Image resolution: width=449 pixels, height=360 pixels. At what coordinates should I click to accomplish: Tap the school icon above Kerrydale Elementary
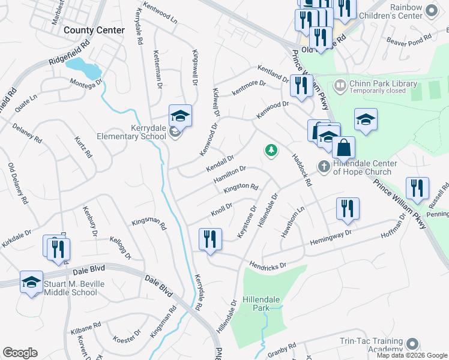[x=180, y=115]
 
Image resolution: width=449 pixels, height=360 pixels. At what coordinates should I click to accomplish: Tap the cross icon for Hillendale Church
[x=324, y=166]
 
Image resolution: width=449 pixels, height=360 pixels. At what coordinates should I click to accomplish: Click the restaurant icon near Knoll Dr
[x=210, y=239]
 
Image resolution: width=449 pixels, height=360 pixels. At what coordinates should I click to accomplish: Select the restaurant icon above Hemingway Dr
[x=348, y=209]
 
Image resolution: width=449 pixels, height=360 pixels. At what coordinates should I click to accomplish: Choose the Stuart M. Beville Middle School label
[x=70, y=288]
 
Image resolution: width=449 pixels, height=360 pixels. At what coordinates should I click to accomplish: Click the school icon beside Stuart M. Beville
[x=31, y=283]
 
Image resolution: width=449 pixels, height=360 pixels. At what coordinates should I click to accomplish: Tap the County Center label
[x=94, y=30]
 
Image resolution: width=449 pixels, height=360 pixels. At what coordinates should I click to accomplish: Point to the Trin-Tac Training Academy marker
[x=411, y=344]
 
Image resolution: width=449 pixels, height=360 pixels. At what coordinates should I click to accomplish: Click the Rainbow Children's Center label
[x=415, y=11]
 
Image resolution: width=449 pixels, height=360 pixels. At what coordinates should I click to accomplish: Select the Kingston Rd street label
[x=240, y=188]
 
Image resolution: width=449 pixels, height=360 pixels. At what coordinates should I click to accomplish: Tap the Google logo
[x=20, y=353]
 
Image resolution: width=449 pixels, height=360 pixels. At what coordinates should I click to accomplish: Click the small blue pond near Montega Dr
[x=84, y=67]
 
